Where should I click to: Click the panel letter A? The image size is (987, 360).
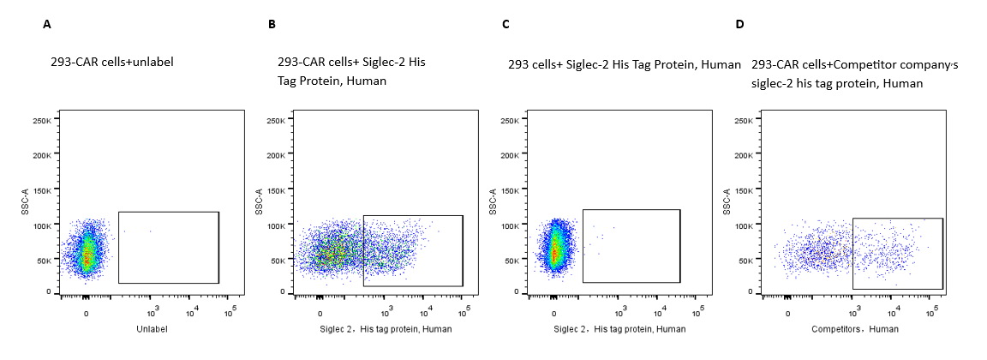(47, 24)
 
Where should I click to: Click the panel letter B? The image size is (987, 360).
(272, 24)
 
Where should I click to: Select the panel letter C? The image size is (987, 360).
(505, 24)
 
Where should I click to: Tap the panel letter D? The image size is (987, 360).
(739, 24)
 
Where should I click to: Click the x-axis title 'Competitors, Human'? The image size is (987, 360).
(844, 329)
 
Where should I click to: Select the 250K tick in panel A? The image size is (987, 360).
(42, 121)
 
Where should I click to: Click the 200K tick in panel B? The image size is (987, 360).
(276, 155)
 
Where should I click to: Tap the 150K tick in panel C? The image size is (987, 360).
(510, 190)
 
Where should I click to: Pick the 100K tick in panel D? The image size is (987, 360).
(744, 225)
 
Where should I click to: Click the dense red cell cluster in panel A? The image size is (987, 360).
(86, 255)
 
